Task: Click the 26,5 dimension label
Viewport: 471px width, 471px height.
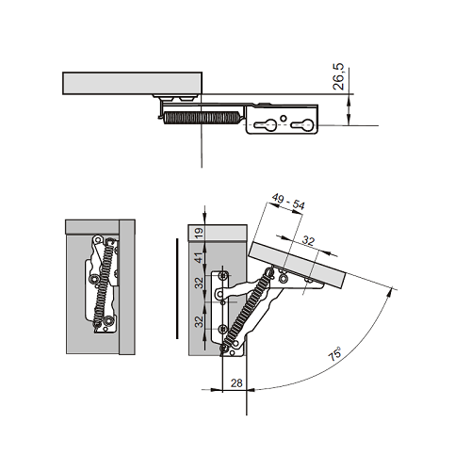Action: [338, 76]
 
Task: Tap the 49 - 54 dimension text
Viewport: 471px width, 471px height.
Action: [288, 202]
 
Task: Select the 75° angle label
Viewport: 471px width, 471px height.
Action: [334, 354]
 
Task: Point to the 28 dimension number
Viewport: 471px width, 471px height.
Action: [236, 383]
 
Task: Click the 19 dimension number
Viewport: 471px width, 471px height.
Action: [199, 234]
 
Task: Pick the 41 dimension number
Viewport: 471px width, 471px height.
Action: [199, 258]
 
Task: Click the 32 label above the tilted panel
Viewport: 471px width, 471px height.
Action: [308, 241]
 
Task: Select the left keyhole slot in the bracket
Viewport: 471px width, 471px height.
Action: [265, 125]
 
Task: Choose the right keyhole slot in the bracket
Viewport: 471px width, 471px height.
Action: [302, 125]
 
